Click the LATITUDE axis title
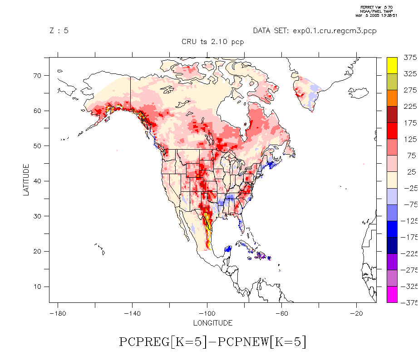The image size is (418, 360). click(26, 180)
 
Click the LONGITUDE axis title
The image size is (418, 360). click(213, 323)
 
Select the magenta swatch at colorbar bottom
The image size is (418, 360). click(392, 294)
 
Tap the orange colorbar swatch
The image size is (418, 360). click(392, 98)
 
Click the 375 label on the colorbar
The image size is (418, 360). click(409, 58)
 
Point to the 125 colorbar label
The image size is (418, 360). click(409, 139)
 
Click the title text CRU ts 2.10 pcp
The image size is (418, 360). click(213, 42)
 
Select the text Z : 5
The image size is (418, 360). click(59, 31)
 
